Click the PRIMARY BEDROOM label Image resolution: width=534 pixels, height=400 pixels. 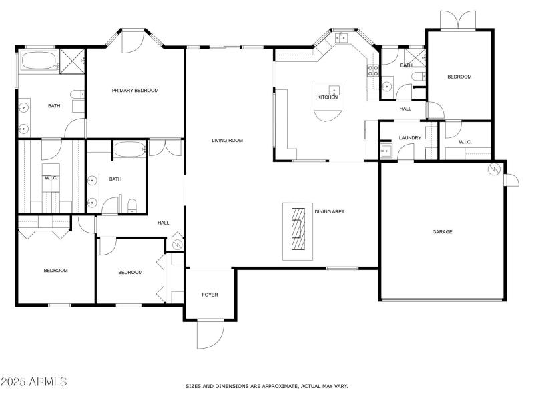(x=136, y=90)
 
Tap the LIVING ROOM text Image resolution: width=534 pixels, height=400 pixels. (x=227, y=141)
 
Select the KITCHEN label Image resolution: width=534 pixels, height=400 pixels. (x=328, y=97)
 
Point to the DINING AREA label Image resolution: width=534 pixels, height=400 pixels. (x=329, y=211)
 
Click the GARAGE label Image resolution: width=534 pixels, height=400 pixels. (x=442, y=232)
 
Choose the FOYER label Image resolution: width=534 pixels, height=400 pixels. (x=210, y=295)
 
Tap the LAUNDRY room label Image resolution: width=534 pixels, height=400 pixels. (x=409, y=138)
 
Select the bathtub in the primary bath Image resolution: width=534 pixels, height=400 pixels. (x=38, y=61)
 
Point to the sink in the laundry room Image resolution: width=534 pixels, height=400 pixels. (x=386, y=151)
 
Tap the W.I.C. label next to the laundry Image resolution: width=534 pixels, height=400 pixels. (x=465, y=142)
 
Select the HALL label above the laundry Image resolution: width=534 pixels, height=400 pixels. (x=405, y=109)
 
